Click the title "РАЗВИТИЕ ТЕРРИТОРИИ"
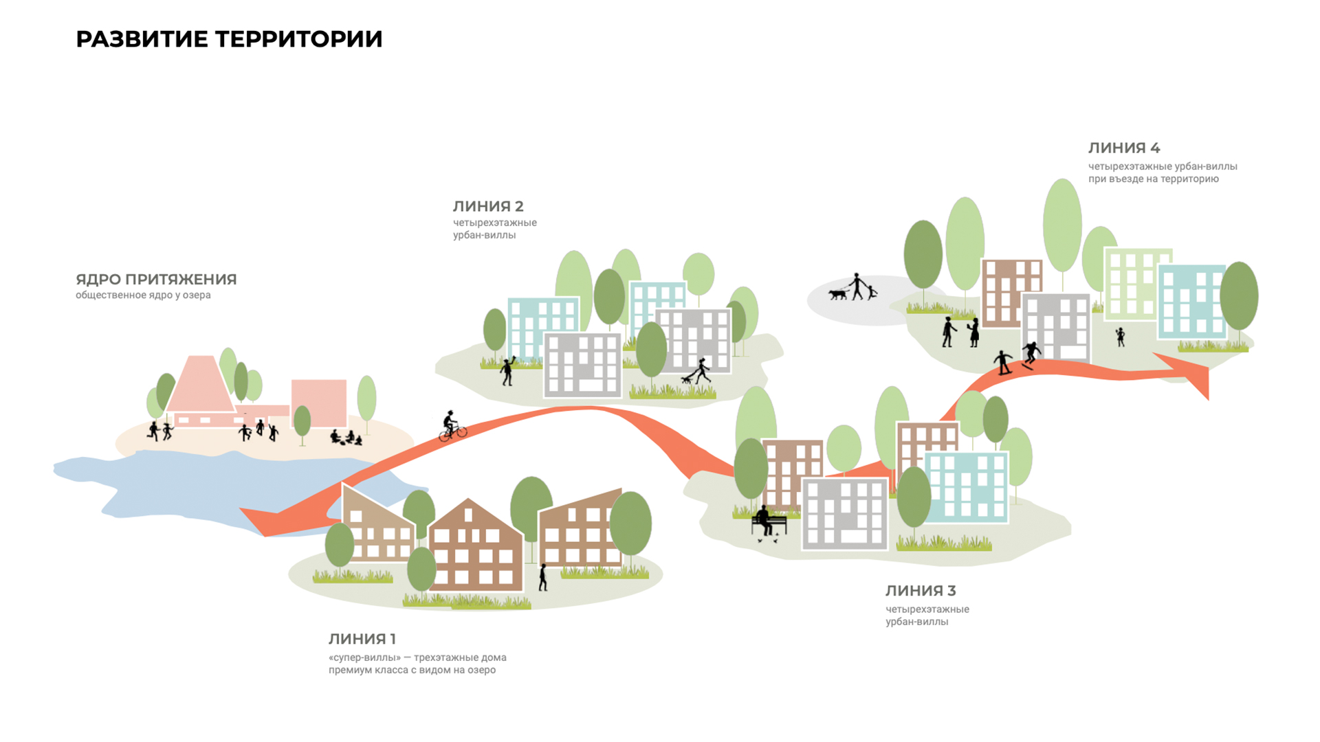click(x=229, y=39)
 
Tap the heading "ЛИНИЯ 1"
click(x=362, y=639)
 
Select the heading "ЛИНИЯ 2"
click(x=488, y=206)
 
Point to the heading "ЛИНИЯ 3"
click(x=921, y=591)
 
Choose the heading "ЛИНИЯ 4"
click(x=1124, y=148)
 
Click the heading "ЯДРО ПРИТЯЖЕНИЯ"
click(x=156, y=280)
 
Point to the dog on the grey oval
click(x=837, y=294)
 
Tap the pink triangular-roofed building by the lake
click(x=201, y=392)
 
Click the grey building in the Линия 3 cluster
click(x=845, y=514)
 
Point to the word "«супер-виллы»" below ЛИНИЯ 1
click(x=364, y=657)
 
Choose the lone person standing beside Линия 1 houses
click(x=543, y=577)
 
